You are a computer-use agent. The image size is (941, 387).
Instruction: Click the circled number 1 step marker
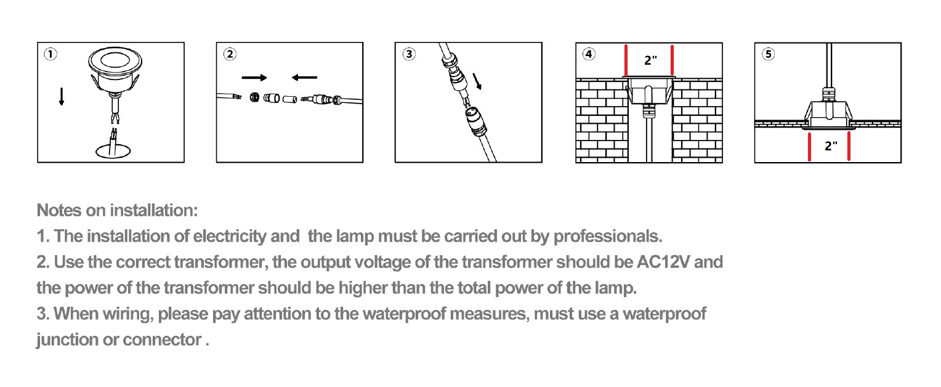[x=50, y=54]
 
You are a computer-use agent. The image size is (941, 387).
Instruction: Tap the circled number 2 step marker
[x=230, y=54]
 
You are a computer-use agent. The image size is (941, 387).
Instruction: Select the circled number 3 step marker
[x=409, y=54]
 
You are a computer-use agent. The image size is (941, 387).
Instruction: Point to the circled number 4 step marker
[x=589, y=54]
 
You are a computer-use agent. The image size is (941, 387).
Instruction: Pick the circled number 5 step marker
[x=769, y=54]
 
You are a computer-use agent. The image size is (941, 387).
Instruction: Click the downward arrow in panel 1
[x=62, y=97]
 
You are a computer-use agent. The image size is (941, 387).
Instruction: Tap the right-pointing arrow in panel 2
[x=254, y=78]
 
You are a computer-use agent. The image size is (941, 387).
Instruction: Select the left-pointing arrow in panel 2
[x=305, y=77]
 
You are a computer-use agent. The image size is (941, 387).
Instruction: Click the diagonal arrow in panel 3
[x=477, y=81]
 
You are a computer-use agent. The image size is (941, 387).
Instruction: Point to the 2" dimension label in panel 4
[x=650, y=60]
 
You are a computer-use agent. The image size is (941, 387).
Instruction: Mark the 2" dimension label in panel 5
[x=831, y=146]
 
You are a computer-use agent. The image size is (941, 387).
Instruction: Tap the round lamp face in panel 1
[x=115, y=62]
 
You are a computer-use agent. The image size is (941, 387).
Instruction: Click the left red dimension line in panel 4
[x=626, y=60]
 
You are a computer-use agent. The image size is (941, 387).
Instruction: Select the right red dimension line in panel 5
[x=849, y=146]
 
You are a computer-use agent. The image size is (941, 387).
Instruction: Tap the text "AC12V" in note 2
[x=663, y=262]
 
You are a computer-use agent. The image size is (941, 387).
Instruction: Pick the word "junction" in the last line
[x=67, y=340]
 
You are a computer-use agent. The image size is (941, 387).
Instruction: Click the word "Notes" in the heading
[x=59, y=210]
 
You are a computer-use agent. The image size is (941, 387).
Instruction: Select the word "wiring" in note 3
[x=128, y=314]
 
